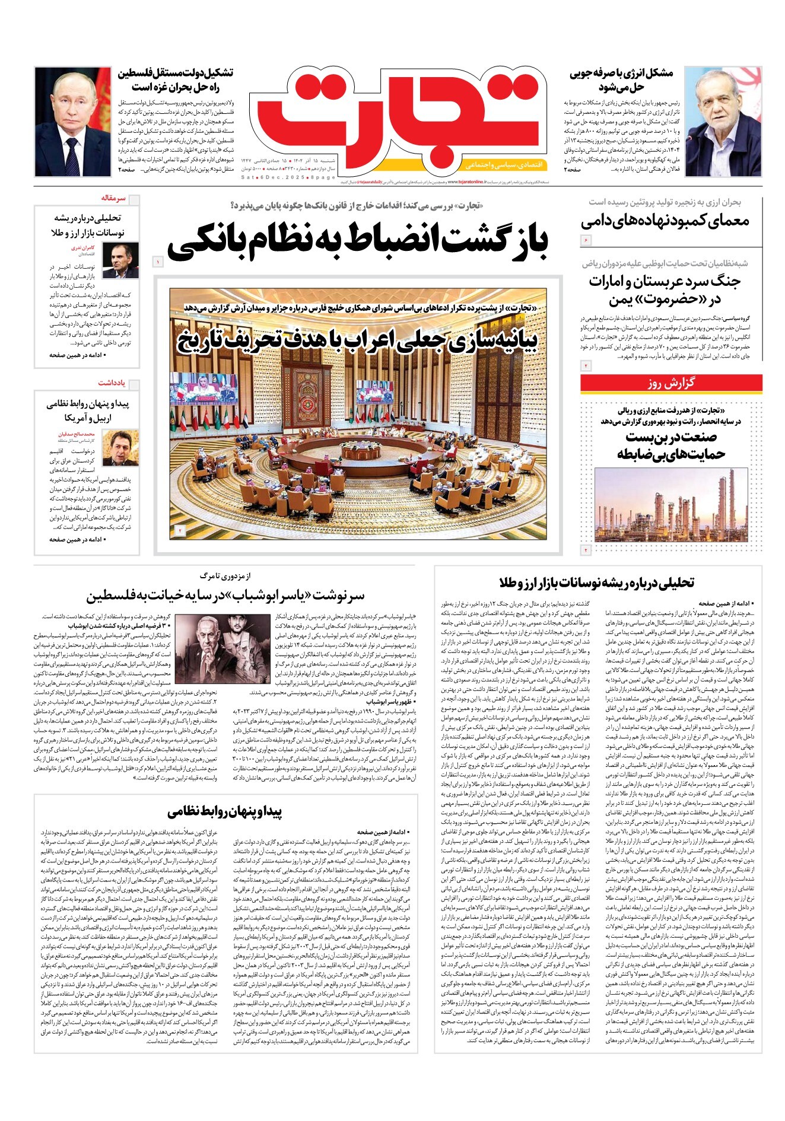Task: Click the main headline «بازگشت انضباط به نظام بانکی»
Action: click(x=357, y=242)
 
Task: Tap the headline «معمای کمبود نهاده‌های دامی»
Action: click(x=665, y=221)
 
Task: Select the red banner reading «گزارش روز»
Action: click(x=670, y=383)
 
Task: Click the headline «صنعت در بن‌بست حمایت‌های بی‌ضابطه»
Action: click(x=670, y=446)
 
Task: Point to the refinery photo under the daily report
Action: click(x=670, y=505)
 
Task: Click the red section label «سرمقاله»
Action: click(x=113, y=198)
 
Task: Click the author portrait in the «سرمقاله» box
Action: click(x=120, y=261)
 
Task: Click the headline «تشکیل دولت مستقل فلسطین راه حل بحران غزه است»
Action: click(x=176, y=80)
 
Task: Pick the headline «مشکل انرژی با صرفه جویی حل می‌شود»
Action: click(x=621, y=80)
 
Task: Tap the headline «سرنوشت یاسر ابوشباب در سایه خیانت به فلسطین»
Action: click(x=225, y=595)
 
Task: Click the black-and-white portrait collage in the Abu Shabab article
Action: click(x=223, y=648)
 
